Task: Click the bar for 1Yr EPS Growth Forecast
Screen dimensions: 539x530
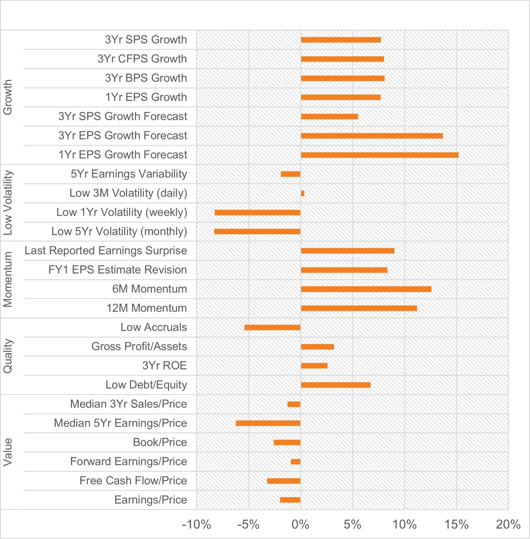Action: [x=379, y=155]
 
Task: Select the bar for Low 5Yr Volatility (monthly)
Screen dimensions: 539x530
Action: [x=257, y=231]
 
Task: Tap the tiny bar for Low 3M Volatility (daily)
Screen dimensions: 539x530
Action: [x=302, y=193]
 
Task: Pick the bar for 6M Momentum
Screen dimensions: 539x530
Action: [x=366, y=289]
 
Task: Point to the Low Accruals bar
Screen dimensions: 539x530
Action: [x=272, y=327]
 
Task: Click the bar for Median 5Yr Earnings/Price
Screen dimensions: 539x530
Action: [x=268, y=423]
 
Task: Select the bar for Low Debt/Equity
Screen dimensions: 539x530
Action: [x=335, y=385]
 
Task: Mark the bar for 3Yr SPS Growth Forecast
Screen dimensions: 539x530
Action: [x=329, y=116]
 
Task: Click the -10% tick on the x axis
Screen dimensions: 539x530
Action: [x=196, y=524]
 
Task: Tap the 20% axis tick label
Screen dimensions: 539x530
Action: [x=508, y=524]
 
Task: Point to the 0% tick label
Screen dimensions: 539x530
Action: [x=300, y=524]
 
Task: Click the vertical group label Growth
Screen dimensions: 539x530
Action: [x=8, y=97]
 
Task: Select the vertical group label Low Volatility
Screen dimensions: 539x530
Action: [x=8, y=203]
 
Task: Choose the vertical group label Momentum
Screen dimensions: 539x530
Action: [x=8, y=279]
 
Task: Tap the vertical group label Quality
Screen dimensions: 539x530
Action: [x=8, y=356]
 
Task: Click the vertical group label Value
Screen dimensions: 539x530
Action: [x=8, y=452]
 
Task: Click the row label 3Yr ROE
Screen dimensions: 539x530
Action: [x=164, y=366]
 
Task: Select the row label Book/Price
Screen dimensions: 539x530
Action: [x=160, y=442]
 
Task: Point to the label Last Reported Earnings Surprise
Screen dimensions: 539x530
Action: [x=106, y=251]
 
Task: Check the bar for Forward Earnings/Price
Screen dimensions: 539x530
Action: [x=295, y=462]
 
